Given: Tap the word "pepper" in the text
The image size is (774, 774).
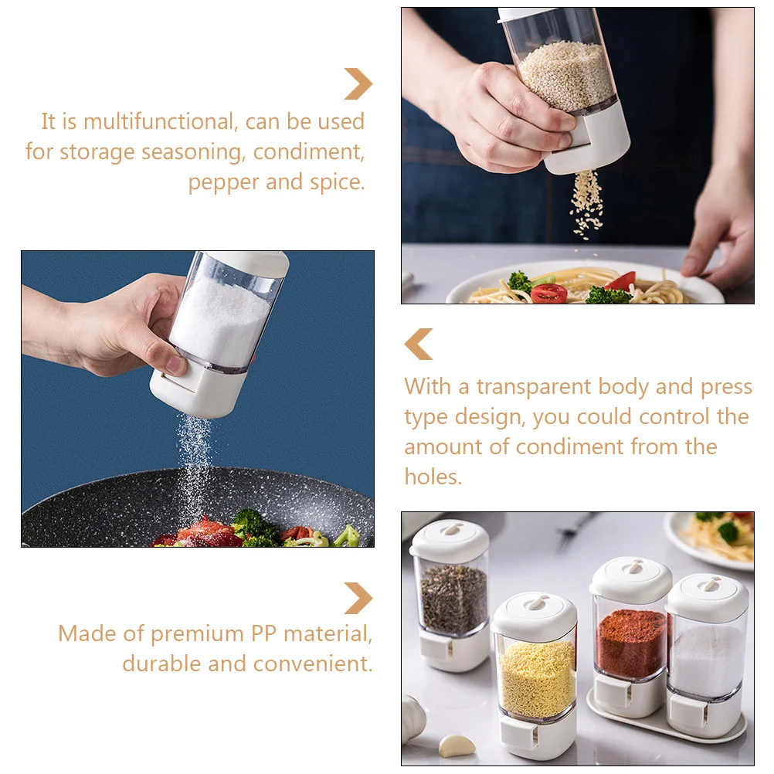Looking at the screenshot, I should [224, 182].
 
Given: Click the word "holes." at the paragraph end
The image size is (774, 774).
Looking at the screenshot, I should [433, 477].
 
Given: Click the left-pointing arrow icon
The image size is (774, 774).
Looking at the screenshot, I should [419, 344].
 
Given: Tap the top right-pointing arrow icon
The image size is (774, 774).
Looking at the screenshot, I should [358, 83].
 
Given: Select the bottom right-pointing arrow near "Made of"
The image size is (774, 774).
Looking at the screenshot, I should [358, 599].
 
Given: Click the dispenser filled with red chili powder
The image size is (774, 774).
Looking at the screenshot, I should [630, 641].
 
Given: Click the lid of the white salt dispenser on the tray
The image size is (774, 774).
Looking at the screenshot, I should [707, 595].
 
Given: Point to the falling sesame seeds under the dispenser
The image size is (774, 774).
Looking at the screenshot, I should [587, 202].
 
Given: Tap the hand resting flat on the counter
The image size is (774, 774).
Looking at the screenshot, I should [718, 232].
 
